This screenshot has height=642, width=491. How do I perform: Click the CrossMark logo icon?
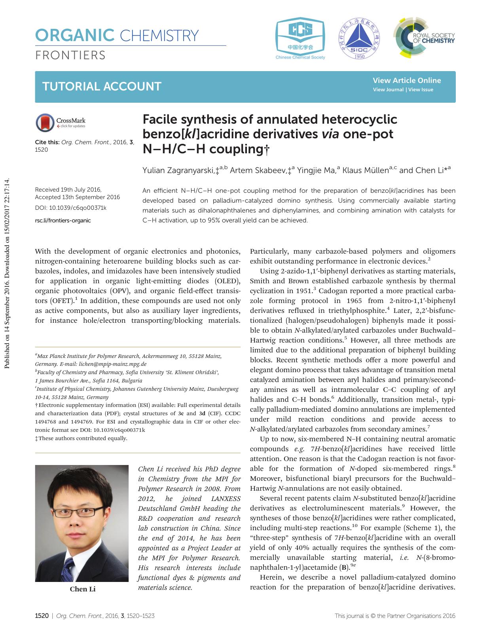(x=45, y=122)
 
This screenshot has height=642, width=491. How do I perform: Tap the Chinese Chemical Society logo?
(x=300, y=38)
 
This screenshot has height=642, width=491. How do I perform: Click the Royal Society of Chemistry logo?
(x=424, y=38)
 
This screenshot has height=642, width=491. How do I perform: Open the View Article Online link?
(x=407, y=80)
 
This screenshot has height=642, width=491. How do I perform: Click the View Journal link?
(x=388, y=90)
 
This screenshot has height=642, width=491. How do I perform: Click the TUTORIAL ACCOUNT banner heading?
(x=102, y=87)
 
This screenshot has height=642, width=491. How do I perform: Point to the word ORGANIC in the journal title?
(x=75, y=36)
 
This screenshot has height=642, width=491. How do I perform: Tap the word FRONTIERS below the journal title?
(x=70, y=55)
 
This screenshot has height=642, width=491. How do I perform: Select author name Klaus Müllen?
(x=365, y=171)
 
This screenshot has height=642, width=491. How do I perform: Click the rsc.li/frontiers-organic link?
(x=63, y=220)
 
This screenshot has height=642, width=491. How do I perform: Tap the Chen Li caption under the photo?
(x=83, y=589)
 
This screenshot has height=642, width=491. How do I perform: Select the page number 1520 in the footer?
(x=42, y=616)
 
